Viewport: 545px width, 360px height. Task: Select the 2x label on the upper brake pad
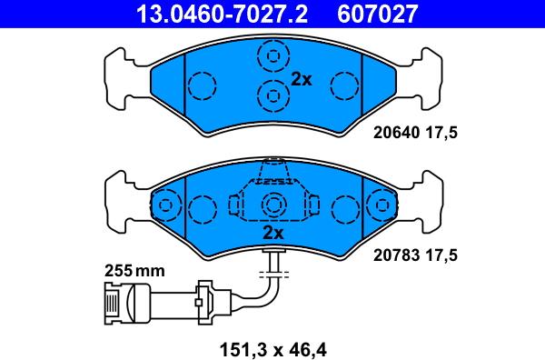pyautogui.click(x=301, y=80)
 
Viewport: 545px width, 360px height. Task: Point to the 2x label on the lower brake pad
pyautogui.click(x=272, y=233)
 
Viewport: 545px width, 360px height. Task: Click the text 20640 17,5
pyautogui.click(x=415, y=133)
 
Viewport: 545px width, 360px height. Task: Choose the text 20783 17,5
pyautogui.click(x=415, y=256)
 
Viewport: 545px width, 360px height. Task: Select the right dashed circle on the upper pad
pyautogui.click(x=344, y=85)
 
